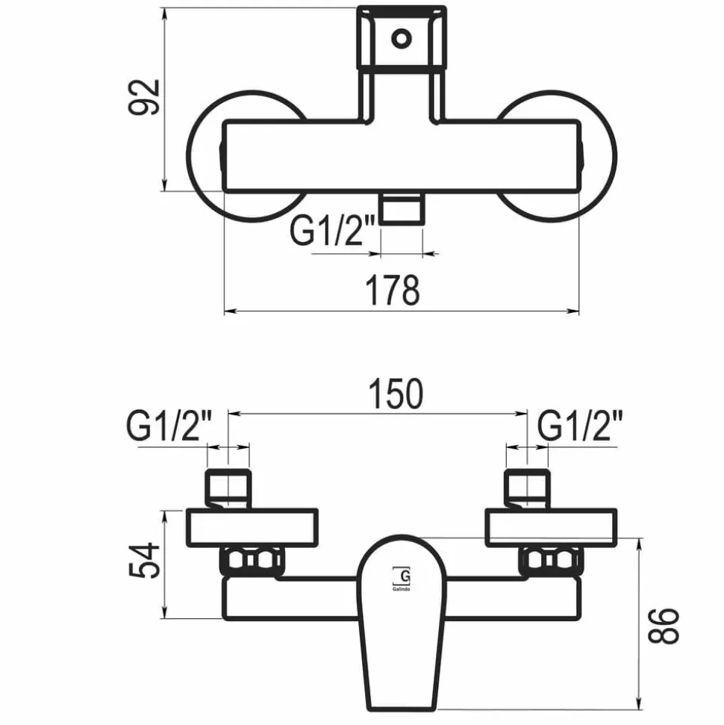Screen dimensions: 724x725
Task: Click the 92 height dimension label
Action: click(144, 97)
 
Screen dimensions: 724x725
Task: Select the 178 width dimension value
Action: click(393, 290)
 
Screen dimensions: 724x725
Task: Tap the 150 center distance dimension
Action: click(396, 393)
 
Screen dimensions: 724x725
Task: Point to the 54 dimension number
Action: click(144, 561)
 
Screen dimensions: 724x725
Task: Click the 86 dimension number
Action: click(664, 626)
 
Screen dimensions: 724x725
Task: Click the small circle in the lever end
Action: click(401, 38)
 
